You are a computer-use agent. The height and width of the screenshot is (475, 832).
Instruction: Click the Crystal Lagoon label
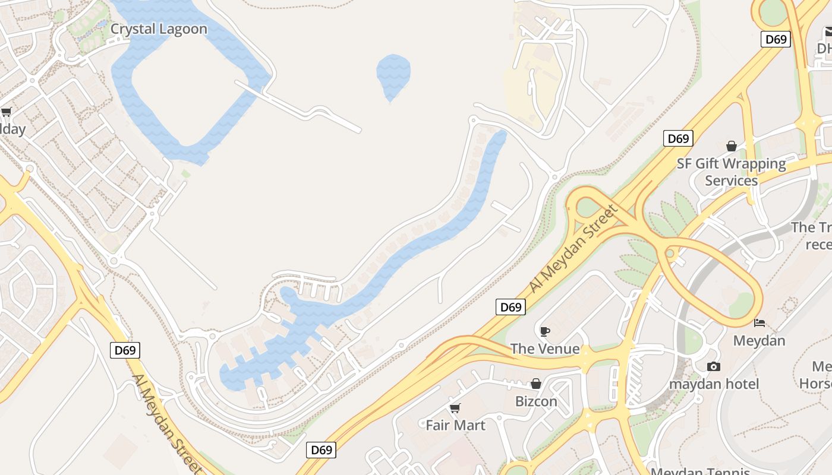click(x=159, y=29)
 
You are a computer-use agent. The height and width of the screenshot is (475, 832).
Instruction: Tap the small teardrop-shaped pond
click(x=393, y=74)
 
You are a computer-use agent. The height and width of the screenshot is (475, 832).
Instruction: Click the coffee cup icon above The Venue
click(x=545, y=331)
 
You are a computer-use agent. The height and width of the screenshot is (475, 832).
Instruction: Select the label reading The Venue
click(x=545, y=349)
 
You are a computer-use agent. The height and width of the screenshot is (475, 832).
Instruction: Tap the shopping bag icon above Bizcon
click(x=536, y=384)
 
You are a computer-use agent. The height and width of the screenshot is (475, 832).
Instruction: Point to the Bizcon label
click(x=536, y=401)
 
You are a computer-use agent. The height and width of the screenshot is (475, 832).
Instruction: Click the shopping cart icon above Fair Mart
click(x=455, y=408)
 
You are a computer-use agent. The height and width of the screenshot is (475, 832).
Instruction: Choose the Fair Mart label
click(x=455, y=425)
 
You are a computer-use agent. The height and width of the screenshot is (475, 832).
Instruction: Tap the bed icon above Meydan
click(x=759, y=323)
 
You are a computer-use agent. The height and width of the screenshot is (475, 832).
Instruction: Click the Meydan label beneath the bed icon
click(x=759, y=341)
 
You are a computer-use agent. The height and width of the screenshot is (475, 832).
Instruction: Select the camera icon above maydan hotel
click(x=714, y=366)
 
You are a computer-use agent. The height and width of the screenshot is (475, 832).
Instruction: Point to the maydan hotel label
click(x=714, y=384)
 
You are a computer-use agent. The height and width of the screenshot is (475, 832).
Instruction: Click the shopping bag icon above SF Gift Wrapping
click(x=732, y=146)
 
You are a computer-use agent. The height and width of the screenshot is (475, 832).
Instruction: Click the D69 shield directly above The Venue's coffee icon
click(x=510, y=307)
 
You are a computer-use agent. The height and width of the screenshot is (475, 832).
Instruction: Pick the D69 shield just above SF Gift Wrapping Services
click(x=677, y=139)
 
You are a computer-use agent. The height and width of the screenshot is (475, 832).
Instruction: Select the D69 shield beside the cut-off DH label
click(x=776, y=40)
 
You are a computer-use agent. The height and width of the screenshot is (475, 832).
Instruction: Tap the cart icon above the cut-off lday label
click(x=7, y=112)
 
